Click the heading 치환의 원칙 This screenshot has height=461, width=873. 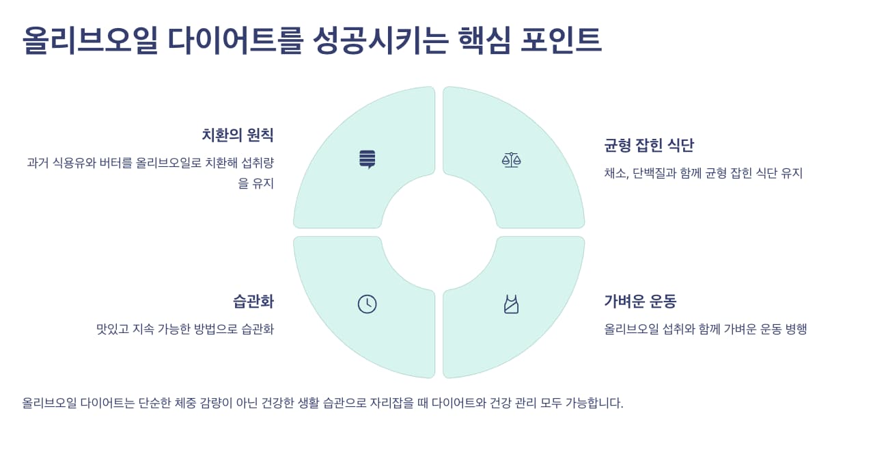coord(237,135)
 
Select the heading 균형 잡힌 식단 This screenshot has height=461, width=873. coord(648,145)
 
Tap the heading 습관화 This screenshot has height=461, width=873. coord(253,302)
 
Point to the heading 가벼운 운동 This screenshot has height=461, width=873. coord(640,302)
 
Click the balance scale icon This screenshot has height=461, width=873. coord(511,160)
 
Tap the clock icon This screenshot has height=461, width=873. coord(367,304)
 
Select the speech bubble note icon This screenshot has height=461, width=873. coord(368,159)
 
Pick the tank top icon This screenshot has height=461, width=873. coord(511,304)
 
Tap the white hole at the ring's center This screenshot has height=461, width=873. coord(439,232)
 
